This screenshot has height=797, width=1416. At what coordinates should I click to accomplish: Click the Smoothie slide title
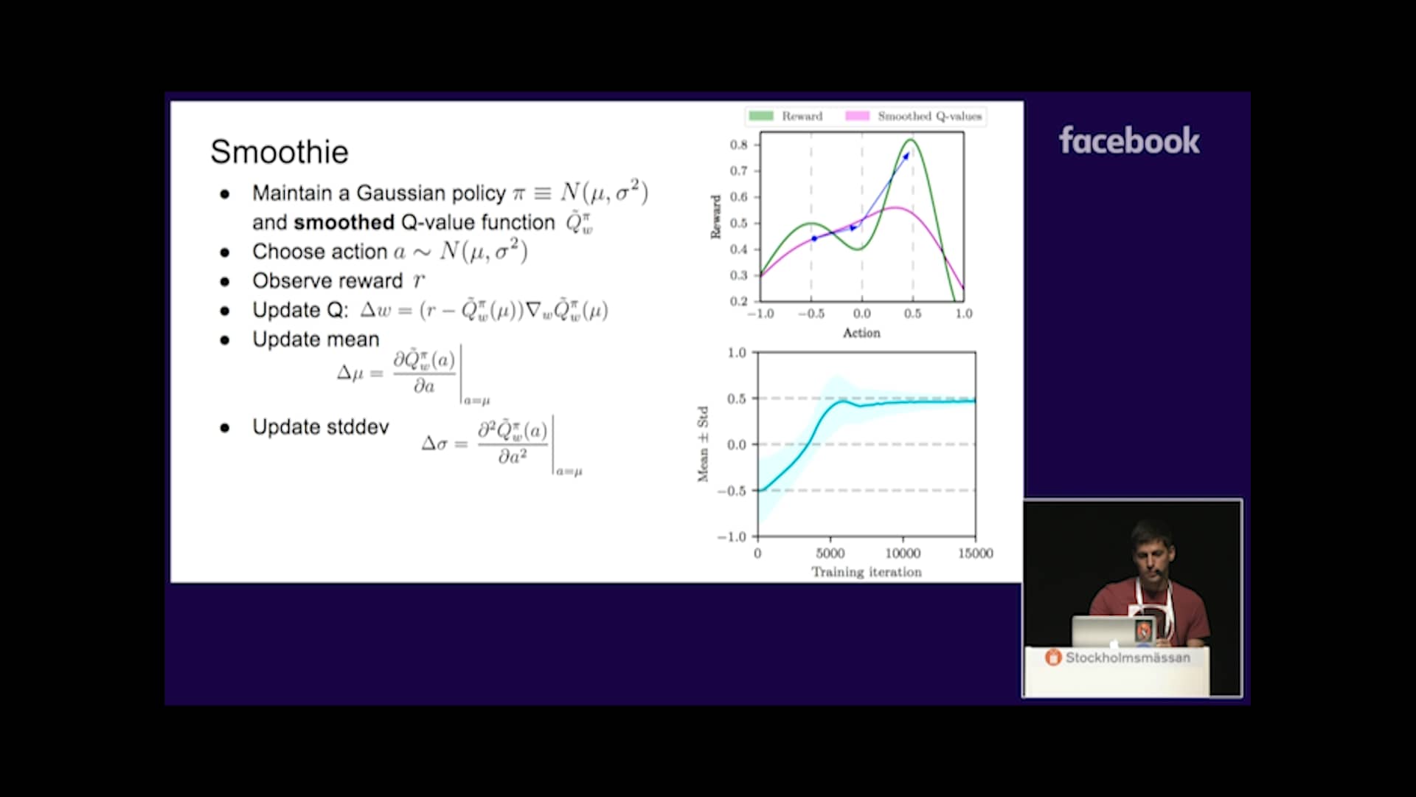point(279,152)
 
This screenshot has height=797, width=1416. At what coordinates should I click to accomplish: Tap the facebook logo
point(1128,140)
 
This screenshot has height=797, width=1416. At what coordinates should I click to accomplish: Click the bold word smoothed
point(344,222)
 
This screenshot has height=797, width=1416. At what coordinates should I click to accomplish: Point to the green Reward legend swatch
point(760,116)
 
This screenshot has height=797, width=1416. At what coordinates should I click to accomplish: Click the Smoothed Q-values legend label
point(929,116)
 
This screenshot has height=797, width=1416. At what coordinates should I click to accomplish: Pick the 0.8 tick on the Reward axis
point(738,145)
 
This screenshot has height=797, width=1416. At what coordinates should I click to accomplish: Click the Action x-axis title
point(861,333)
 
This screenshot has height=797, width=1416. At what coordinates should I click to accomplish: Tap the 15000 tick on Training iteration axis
point(975,553)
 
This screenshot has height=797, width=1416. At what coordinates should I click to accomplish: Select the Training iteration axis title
point(867,572)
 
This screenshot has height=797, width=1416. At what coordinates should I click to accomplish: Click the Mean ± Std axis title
point(703,444)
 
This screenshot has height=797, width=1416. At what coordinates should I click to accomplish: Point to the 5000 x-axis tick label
point(830,553)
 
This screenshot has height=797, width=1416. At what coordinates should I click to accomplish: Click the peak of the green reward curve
point(912,139)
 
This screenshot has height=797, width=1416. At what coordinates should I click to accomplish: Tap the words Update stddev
point(320,427)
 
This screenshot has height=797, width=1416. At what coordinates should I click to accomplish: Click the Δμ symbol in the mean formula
point(350,373)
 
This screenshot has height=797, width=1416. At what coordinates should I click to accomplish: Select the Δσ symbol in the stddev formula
point(434,444)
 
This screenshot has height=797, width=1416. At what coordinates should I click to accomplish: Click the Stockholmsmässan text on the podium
point(1127,658)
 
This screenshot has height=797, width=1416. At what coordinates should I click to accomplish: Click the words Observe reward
point(327,281)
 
